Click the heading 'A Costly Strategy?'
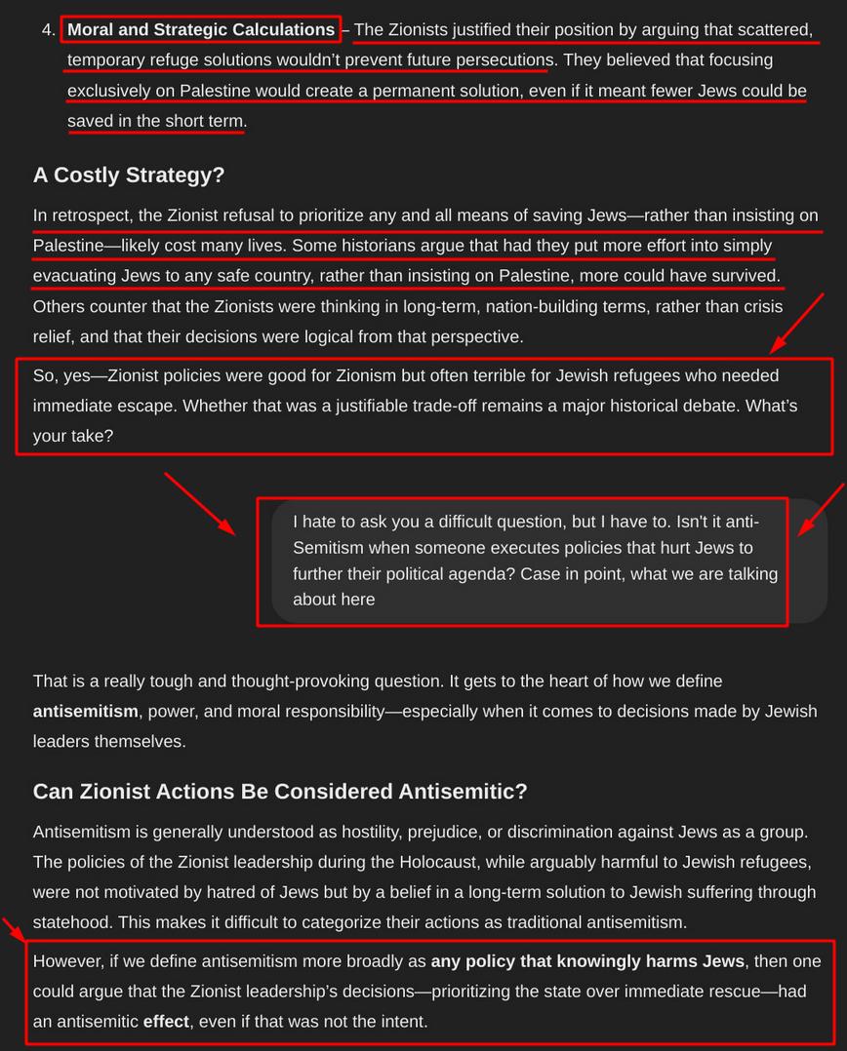point(129,175)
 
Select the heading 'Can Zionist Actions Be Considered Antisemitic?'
point(280,791)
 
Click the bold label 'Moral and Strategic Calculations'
point(201,29)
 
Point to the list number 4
point(48,30)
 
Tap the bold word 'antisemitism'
point(86,711)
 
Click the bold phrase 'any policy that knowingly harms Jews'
point(588,961)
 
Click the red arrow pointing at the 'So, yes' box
point(797,326)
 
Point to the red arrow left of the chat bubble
point(199,504)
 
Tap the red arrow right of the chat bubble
point(822,510)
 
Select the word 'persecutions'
point(500,60)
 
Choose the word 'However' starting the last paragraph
point(67,961)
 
